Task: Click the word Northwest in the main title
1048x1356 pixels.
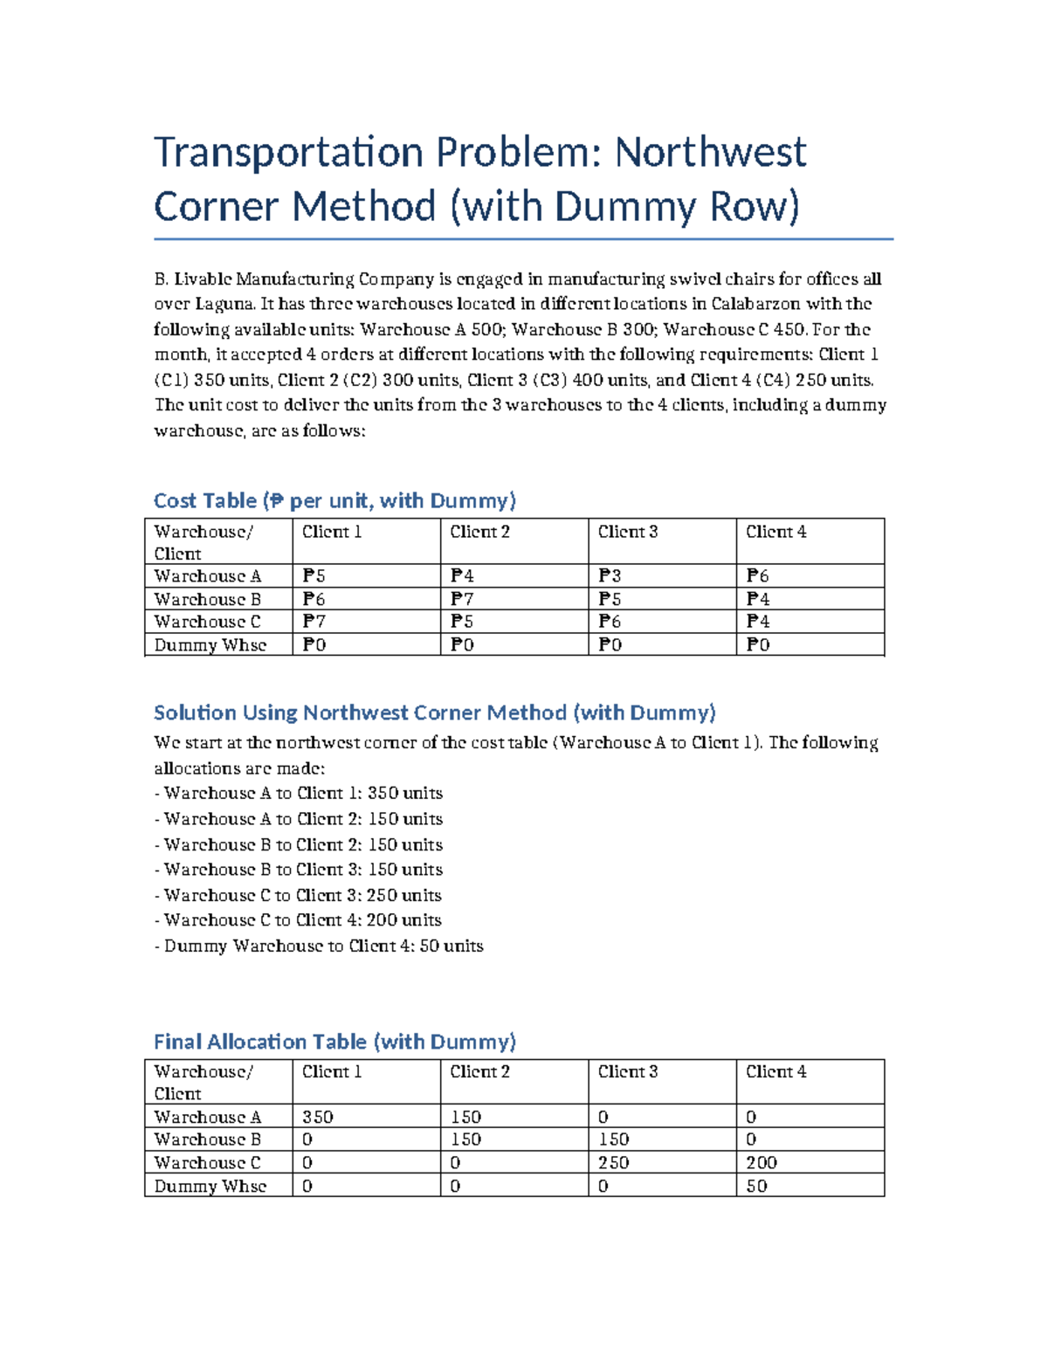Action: click(710, 153)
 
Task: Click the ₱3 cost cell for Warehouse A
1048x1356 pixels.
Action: click(610, 576)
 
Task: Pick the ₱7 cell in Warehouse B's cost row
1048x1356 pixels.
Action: click(462, 600)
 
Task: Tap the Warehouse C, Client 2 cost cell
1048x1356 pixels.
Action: click(462, 622)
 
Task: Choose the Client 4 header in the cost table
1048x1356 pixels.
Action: click(776, 532)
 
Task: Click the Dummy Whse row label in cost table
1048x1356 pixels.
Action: click(210, 645)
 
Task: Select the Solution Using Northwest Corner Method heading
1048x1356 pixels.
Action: click(434, 712)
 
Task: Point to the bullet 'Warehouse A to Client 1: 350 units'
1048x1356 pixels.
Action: click(302, 794)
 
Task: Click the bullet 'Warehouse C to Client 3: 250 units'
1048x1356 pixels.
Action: click(302, 896)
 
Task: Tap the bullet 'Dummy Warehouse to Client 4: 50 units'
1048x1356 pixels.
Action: click(323, 946)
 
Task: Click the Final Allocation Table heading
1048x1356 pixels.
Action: click(334, 1042)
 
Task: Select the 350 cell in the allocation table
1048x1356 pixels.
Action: click(318, 1118)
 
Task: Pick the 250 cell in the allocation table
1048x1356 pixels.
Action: click(614, 1163)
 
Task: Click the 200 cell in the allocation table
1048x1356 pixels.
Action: click(762, 1163)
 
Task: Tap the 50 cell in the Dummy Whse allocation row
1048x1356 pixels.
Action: click(757, 1187)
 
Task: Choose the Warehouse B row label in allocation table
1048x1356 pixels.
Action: click(208, 1140)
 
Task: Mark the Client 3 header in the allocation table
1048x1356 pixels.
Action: click(628, 1072)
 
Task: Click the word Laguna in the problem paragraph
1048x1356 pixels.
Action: click(224, 305)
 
